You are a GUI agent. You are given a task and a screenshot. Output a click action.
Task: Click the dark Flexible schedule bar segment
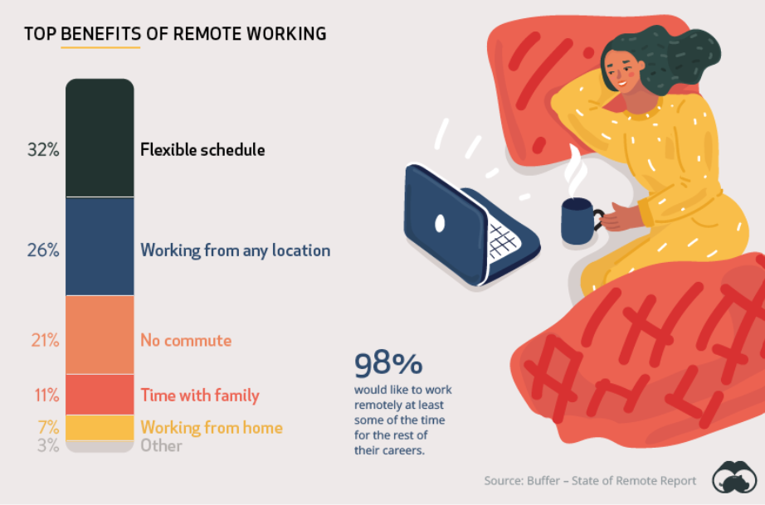coord(100,138)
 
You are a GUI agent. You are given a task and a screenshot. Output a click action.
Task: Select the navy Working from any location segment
coord(100,246)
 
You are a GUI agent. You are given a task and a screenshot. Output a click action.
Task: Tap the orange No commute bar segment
coord(100,335)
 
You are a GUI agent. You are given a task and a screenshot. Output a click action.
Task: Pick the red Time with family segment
coord(100,395)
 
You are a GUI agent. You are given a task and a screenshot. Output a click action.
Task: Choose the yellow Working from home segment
coord(100,427)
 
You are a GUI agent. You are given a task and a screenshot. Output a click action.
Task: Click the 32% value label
coord(41,150)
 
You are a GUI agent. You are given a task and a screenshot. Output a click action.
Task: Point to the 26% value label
coord(41,250)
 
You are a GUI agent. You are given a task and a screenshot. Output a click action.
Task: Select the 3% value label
coord(47,446)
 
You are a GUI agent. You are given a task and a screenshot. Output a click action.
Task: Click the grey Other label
coord(161,446)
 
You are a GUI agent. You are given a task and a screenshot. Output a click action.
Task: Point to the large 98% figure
coord(388,364)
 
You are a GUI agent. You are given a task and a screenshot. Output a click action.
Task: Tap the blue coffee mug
coord(579,221)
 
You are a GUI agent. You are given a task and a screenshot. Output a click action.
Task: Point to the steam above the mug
coord(575,170)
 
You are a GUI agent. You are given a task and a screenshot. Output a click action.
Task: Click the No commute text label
coord(186,341)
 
